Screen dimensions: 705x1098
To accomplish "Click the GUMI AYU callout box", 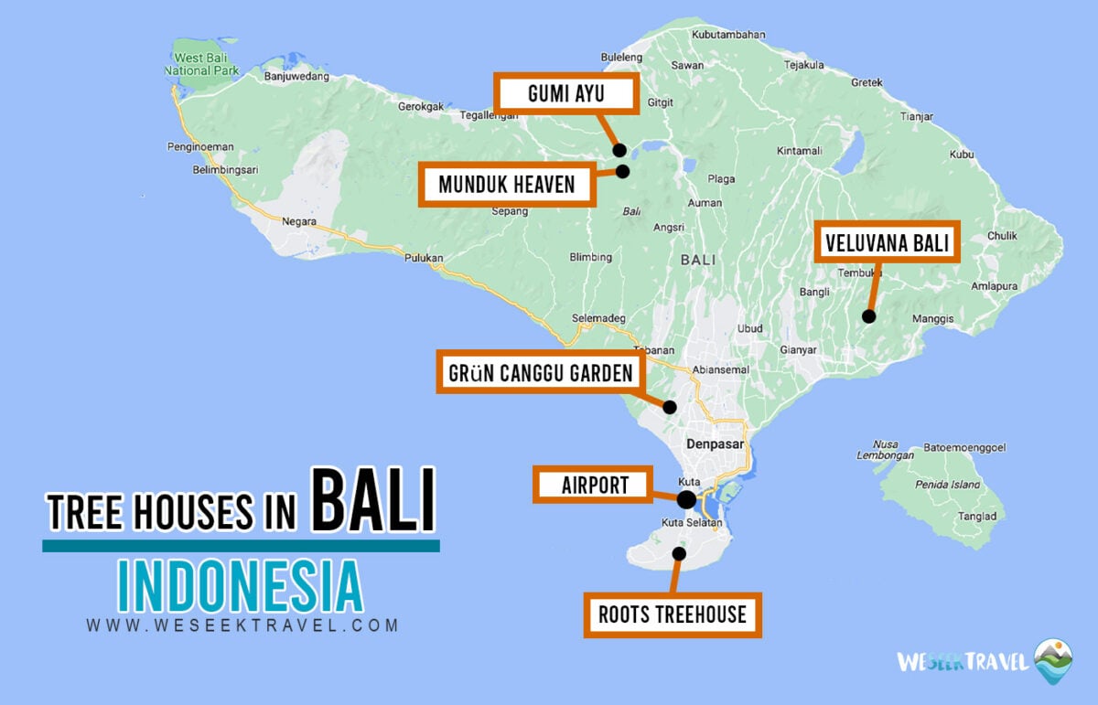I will [x=566, y=94].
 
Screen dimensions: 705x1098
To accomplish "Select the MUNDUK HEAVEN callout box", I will [x=506, y=185].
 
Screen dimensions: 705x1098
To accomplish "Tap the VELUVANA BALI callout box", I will [x=887, y=243].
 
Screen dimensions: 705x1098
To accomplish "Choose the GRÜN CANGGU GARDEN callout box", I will [x=540, y=373].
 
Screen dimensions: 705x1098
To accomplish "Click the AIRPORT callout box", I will [x=594, y=485].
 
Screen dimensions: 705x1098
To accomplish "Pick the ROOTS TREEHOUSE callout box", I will [x=673, y=614].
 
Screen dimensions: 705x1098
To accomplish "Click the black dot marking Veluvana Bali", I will [x=868, y=316].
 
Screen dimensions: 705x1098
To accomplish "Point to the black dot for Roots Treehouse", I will [x=679, y=553].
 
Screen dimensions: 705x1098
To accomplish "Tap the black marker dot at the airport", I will [x=686, y=499].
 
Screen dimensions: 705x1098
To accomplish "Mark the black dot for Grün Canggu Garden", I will [x=670, y=407].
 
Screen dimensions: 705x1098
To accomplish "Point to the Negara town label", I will [x=299, y=221].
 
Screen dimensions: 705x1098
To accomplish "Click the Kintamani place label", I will [x=799, y=151].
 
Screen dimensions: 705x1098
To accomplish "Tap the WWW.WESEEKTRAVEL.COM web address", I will [x=242, y=626].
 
